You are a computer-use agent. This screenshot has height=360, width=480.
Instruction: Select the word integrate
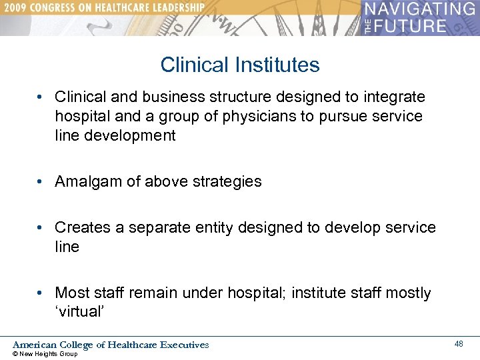click(x=394, y=97)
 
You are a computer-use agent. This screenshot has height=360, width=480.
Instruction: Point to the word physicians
click(x=250, y=117)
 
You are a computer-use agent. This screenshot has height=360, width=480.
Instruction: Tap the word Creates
click(x=83, y=227)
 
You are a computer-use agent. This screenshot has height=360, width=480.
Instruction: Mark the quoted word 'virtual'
click(x=79, y=312)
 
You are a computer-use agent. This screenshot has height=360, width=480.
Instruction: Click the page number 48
click(x=459, y=344)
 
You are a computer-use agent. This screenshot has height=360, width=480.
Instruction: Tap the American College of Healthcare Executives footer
click(x=111, y=345)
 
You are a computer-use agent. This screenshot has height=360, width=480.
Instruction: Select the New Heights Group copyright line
click(x=45, y=354)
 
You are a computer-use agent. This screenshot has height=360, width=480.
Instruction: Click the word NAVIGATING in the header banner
click(x=419, y=10)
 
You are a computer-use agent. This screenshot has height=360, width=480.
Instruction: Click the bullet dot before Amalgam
click(x=41, y=181)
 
